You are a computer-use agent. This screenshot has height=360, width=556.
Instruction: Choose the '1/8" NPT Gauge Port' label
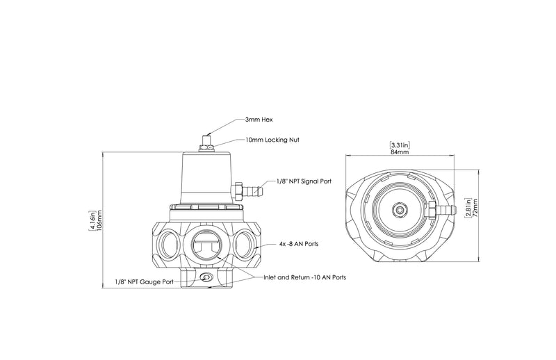pyautogui.click(x=145, y=282)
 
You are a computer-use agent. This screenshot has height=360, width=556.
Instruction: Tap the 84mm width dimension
pyautogui.click(x=399, y=152)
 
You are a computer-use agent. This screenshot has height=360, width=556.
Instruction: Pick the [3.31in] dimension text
pyautogui.click(x=399, y=145)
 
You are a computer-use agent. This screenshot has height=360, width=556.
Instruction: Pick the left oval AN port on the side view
pyautogui.click(x=169, y=245)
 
